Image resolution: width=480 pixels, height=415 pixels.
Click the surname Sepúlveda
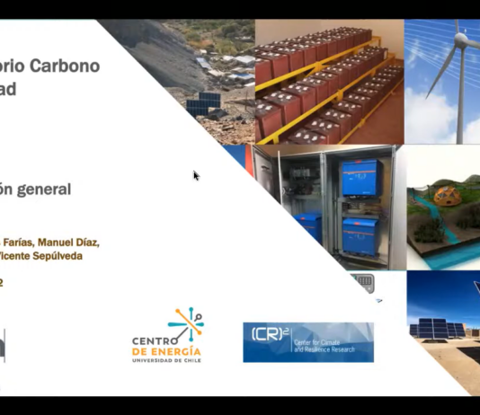click(x=54, y=255)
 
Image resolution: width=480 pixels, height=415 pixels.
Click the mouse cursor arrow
click(x=196, y=175)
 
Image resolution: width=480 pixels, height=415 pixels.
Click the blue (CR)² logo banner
click(x=307, y=342)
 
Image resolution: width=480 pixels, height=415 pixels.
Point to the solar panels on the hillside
click(x=203, y=104)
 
